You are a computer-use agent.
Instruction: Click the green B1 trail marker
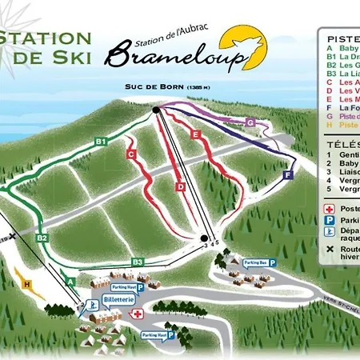[x=101, y=142]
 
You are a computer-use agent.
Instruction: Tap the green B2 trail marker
[x=42, y=238]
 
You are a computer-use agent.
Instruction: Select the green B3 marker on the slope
[x=138, y=262]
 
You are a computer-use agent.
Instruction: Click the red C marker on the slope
[x=129, y=153]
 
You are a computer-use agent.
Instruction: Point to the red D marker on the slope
[x=181, y=186]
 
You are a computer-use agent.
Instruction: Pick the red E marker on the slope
[x=194, y=135]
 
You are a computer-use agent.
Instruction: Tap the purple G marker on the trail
[x=250, y=122]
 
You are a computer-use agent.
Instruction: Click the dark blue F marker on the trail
[x=288, y=174]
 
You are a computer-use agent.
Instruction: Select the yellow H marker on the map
[x=27, y=283]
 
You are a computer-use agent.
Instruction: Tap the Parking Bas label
[x=254, y=262]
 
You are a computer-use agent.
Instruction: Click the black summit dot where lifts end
[x=155, y=109]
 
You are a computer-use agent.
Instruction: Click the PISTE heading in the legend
[x=343, y=38]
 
